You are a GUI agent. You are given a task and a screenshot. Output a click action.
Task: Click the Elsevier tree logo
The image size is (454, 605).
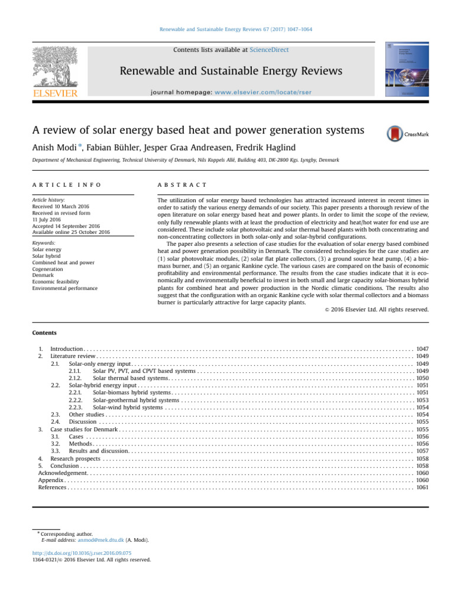(55, 66)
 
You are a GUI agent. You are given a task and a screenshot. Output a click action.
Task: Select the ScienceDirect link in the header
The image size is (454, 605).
(269, 50)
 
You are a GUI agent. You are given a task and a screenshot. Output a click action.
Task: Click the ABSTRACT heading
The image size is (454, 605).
(182, 186)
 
